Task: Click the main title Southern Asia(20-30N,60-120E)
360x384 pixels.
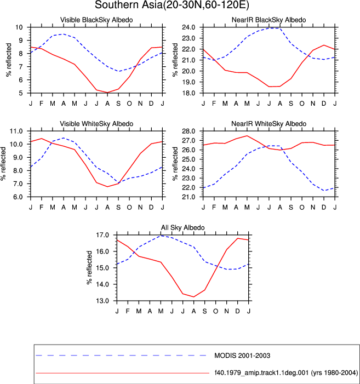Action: [x=172, y=5]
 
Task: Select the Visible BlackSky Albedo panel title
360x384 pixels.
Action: [x=96, y=20]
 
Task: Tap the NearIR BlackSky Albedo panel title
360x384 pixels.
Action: [x=268, y=20]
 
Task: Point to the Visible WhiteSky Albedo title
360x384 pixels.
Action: [x=96, y=124]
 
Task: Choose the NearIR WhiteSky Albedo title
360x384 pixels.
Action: [x=268, y=124]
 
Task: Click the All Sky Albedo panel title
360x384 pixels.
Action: [x=182, y=227]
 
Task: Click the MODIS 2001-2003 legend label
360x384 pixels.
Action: [x=242, y=356]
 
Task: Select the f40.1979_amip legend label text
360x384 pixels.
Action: [x=286, y=373]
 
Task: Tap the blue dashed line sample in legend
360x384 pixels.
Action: [x=122, y=356]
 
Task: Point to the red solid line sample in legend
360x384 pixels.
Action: [x=122, y=373]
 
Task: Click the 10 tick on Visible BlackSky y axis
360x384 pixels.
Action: [x=19, y=27]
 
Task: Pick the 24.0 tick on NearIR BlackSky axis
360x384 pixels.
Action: [x=188, y=27]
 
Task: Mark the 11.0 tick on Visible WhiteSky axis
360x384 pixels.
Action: [x=16, y=131]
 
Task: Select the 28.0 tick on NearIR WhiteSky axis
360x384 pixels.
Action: [x=188, y=131]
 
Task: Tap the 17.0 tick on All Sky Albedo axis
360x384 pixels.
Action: [x=102, y=235]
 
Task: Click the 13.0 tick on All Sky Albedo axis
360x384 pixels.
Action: [x=102, y=301]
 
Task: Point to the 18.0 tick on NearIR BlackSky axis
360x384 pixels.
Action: [x=188, y=93]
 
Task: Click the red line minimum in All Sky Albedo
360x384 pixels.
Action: [x=194, y=297]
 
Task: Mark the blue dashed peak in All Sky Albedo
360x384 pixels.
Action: [x=161, y=236]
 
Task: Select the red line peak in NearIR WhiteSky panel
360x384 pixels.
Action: [x=247, y=136]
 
